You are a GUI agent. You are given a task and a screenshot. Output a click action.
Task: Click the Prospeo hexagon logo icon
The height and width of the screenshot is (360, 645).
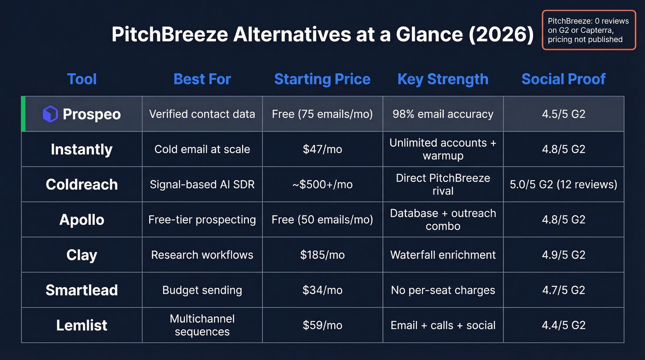(50, 114)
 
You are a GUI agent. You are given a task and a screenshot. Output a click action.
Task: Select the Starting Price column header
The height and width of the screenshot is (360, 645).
(322, 79)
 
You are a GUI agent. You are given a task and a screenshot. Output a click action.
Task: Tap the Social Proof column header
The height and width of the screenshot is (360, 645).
(563, 79)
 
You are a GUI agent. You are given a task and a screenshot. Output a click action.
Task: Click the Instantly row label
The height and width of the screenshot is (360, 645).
(82, 149)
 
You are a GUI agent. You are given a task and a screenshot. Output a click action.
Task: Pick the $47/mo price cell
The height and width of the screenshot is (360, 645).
(322, 149)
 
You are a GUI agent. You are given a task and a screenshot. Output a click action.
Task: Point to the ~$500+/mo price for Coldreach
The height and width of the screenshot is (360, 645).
(322, 184)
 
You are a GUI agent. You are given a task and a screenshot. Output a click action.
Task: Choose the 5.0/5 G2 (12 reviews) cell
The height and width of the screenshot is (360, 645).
(563, 184)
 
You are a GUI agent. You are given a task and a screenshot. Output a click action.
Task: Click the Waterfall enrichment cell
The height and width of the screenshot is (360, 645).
(443, 255)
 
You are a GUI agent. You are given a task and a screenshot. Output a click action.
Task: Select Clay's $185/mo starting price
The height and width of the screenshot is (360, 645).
(322, 255)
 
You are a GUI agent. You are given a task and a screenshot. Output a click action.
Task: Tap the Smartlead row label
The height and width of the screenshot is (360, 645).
(82, 290)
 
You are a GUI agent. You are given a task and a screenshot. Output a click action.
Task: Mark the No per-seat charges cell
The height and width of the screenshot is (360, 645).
(443, 290)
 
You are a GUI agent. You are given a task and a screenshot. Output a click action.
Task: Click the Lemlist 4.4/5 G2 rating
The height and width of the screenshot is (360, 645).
(563, 325)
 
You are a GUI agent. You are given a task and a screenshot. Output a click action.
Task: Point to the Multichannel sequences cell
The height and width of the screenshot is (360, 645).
(202, 325)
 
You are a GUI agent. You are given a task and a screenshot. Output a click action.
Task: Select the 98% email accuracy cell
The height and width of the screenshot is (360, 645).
(443, 114)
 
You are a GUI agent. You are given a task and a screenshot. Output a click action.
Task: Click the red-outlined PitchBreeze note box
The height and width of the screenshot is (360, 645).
(588, 30)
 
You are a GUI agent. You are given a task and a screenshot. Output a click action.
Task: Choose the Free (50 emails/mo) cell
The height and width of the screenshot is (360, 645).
(322, 219)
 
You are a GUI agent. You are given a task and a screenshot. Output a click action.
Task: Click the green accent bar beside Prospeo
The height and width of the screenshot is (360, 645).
(23, 114)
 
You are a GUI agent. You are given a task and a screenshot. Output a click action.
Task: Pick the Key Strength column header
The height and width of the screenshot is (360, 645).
(443, 79)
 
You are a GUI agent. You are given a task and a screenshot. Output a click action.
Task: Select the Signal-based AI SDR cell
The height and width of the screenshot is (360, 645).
(202, 184)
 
